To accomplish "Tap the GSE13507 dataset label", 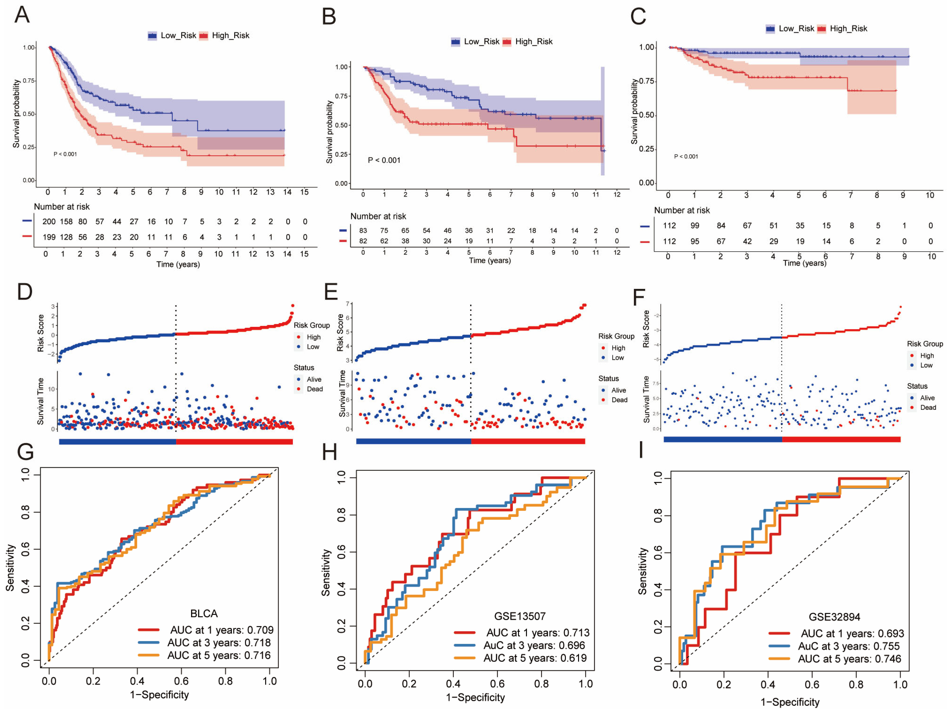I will [520, 616].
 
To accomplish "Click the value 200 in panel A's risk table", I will [49, 221].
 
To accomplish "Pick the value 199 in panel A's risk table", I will [49, 237].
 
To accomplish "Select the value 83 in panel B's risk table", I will [363, 231].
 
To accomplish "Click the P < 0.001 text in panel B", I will [384, 160].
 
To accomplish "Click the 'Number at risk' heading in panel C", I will [681, 210].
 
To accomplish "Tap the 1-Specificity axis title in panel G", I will [159, 694].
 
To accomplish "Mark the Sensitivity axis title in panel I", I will [642, 571].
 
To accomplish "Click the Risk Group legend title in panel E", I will [616, 336].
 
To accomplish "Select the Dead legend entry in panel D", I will [314, 389].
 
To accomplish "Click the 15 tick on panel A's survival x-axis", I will [304, 192].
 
